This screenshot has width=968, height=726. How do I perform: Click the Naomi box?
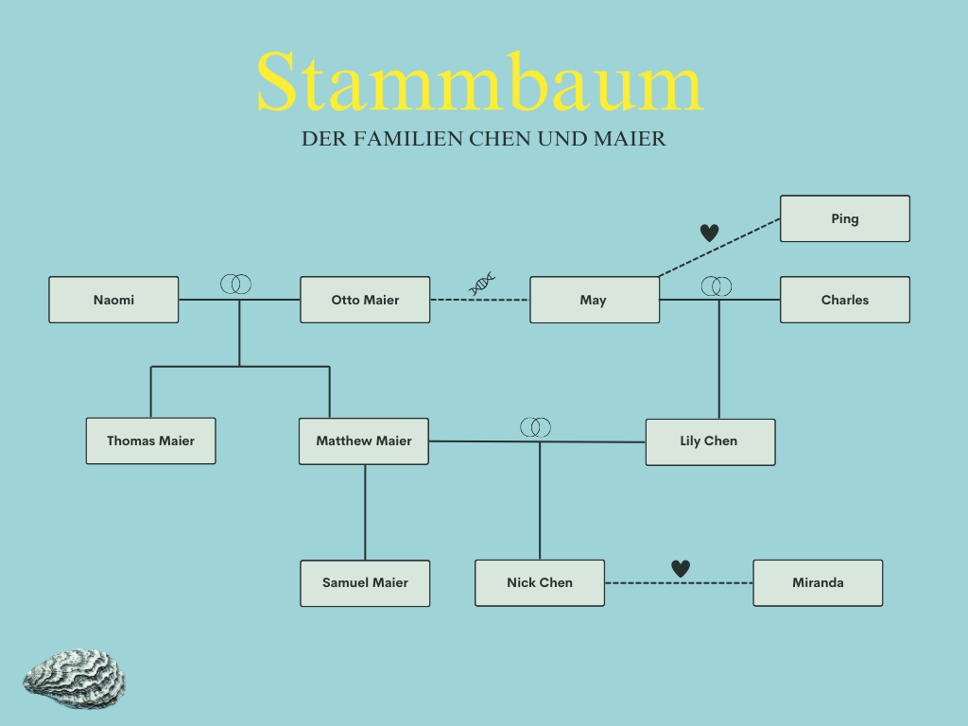(x=113, y=300)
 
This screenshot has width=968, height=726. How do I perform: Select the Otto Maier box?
(x=365, y=300)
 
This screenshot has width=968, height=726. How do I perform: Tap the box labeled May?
(x=594, y=300)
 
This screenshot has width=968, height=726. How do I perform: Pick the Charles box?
(x=844, y=300)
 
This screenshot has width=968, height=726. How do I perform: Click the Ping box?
(x=844, y=218)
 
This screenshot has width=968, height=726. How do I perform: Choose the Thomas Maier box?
(x=150, y=441)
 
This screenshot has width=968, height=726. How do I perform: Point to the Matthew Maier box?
(x=364, y=441)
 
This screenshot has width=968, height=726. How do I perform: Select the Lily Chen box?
(x=709, y=441)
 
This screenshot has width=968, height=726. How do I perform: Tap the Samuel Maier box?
(x=365, y=582)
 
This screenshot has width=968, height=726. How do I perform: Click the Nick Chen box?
(x=539, y=582)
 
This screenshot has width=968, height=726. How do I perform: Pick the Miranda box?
(x=818, y=582)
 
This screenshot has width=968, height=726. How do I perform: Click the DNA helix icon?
(x=483, y=283)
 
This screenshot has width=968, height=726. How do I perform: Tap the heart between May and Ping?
(x=709, y=233)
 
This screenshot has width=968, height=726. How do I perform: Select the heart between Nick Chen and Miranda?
(x=681, y=568)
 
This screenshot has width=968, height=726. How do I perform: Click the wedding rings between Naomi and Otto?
(x=236, y=284)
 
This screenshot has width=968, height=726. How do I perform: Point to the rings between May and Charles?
(x=717, y=285)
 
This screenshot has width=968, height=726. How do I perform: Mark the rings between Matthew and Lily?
(x=535, y=427)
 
